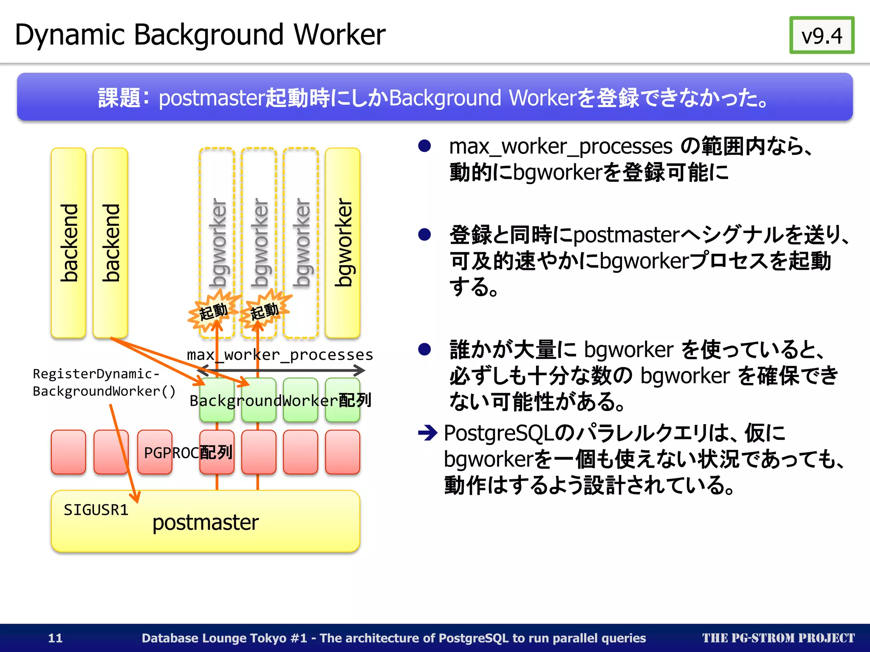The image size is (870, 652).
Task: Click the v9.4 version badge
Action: click(x=822, y=35)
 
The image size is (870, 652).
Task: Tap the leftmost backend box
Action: click(x=68, y=243)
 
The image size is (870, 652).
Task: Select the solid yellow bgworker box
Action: click(x=342, y=243)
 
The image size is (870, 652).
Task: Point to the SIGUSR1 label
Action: click(x=96, y=510)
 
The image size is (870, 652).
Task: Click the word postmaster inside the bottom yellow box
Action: click(x=206, y=523)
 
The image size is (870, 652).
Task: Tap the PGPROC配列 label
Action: click(x=188, y=452)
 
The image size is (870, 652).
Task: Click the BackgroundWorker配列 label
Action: click(x=280, y=400)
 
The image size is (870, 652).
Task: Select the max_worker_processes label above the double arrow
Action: click(x=280, y=354)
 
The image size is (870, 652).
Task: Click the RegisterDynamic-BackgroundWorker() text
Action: click(x=104, y=382)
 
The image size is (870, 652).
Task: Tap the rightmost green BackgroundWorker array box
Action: click(x=342, y=399)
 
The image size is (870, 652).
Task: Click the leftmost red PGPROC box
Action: click(x=68, y=452)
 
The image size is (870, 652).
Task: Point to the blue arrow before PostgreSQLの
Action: click(x=427, y=433)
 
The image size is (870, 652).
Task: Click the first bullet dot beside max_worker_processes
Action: click(x=424, y=146)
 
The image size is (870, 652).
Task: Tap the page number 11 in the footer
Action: click(x=55, y=638)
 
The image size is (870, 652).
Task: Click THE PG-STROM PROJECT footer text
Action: click(x=778, y=638)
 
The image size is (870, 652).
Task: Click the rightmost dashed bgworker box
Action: click(x=301, y=243)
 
